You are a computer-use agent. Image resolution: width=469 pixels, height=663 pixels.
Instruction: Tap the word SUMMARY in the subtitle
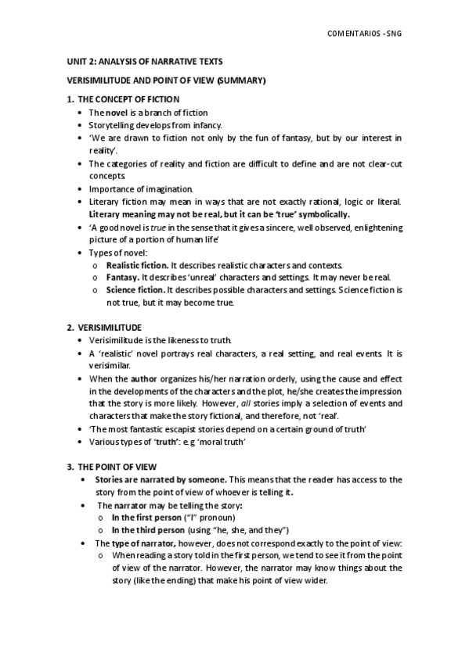(242, 81)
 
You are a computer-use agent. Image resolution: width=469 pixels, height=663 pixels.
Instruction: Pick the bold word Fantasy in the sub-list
(122, 278)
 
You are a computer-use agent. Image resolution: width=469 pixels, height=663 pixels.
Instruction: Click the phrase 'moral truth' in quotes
(223, 442)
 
